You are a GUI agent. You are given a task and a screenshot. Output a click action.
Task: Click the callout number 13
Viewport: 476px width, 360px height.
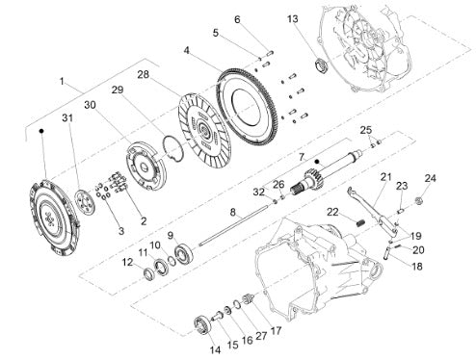(x=293, y=19)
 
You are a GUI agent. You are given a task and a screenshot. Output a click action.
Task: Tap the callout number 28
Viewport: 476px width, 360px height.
(x=144, y=74)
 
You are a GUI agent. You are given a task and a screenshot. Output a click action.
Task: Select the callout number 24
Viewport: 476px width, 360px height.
(x=430, y=178)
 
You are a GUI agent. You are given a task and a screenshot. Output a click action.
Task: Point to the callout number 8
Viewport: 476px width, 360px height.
(x=233, y=212)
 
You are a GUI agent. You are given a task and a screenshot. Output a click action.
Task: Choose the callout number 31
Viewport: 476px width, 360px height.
(x=67, y=118)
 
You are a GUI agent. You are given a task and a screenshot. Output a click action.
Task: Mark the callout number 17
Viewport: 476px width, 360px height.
(x=276, y=330)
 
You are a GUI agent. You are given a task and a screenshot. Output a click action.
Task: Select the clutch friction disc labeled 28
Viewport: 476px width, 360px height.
(x=204, y=131)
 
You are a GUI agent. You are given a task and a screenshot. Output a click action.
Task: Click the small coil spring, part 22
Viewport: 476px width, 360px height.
(x=360, y=222)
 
